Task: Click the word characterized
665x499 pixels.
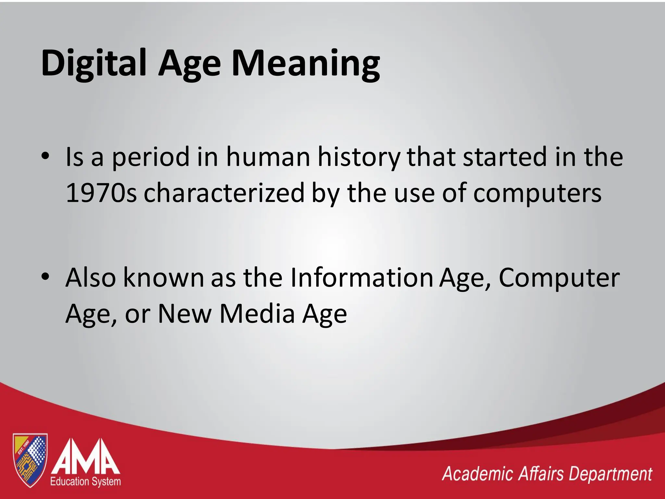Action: click(x=224, y=193)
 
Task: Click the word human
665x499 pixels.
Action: click(x=268, y=157)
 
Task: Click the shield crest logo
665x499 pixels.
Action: click(x=30, y=460)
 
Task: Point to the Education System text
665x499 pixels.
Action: click(x=85, y=481)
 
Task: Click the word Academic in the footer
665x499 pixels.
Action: click(x=477, y=474)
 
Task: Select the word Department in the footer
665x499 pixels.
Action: click(x=610, y=475)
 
